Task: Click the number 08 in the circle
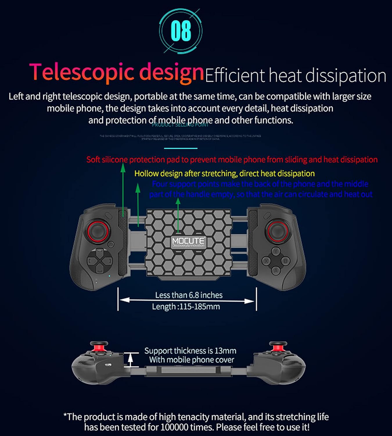[181, 31]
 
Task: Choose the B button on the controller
[285, 261]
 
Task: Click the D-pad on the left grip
[99, 260]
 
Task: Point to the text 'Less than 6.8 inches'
[189, 295]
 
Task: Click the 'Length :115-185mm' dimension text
[186, 306]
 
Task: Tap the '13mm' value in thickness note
[225, 351]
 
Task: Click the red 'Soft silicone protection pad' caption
[232, 160]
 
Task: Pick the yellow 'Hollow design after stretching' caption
[224, 174]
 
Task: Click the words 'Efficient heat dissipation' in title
[296, 75]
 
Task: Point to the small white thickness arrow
[131, 360]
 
